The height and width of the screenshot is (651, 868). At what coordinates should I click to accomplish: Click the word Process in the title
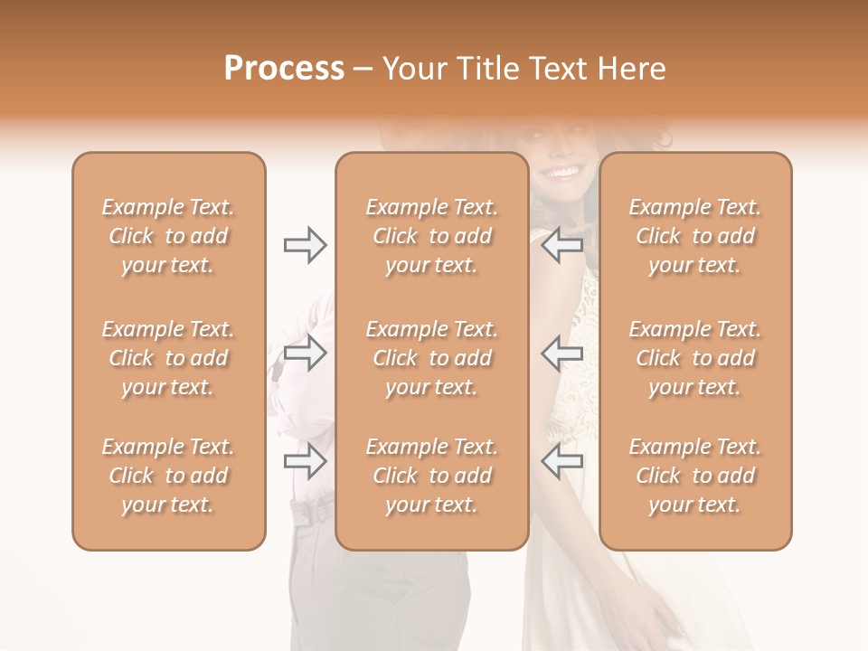[284, 69]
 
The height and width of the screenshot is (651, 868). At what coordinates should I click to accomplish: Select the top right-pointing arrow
[305, 245]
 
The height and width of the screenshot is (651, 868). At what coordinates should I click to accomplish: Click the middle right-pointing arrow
[305, 353]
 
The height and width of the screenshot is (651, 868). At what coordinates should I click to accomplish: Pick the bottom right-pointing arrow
[305, 461]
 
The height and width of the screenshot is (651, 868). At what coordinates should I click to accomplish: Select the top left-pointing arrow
[561, 245]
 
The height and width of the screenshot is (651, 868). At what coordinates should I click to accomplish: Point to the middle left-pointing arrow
[561, 353]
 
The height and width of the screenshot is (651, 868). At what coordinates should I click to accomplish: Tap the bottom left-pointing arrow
[561, 461]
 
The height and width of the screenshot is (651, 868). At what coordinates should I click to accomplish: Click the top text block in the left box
[168, 236]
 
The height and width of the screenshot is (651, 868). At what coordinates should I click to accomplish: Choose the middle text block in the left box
[168, 358]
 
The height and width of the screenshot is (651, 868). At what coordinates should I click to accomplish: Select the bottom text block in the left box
[168, 476]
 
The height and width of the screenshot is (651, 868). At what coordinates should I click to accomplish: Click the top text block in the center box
[431, 236]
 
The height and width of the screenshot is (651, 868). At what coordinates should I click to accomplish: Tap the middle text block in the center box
[431, 358]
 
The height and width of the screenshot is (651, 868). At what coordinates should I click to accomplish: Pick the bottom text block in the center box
[431, 476]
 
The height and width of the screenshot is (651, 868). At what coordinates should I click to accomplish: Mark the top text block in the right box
[695, 236]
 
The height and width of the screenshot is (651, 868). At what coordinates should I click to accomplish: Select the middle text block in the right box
[695, 358]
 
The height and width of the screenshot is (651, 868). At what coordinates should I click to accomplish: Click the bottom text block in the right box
[695, 476]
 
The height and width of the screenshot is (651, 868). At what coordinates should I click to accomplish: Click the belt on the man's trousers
[313, 514]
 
